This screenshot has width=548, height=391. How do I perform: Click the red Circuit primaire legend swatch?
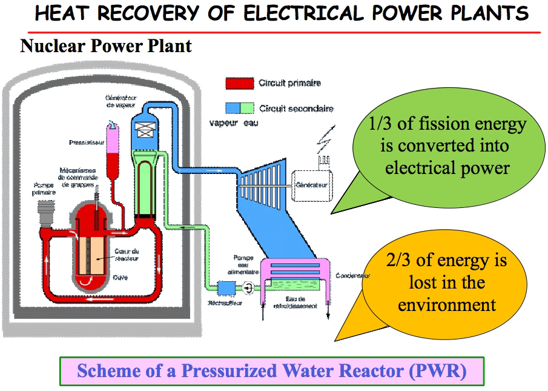(x=239, y=83)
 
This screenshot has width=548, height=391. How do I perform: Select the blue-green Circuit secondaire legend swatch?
(x=239, y=108)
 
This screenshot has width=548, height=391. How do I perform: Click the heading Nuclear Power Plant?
(x=106, y=45)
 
